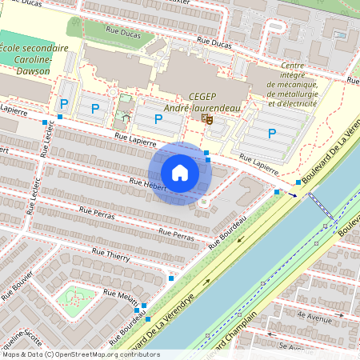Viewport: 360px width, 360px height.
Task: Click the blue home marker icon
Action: tap(180, 173)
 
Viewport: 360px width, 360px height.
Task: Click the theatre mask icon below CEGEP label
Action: tap(207, 119)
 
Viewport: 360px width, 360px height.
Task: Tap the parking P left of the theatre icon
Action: tap(158, 119)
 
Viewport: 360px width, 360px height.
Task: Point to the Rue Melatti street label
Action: tap(116, 295)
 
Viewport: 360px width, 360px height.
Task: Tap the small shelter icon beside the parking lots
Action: tap(125, 117)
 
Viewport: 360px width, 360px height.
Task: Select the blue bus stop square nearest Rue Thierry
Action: tap(171, 278)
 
